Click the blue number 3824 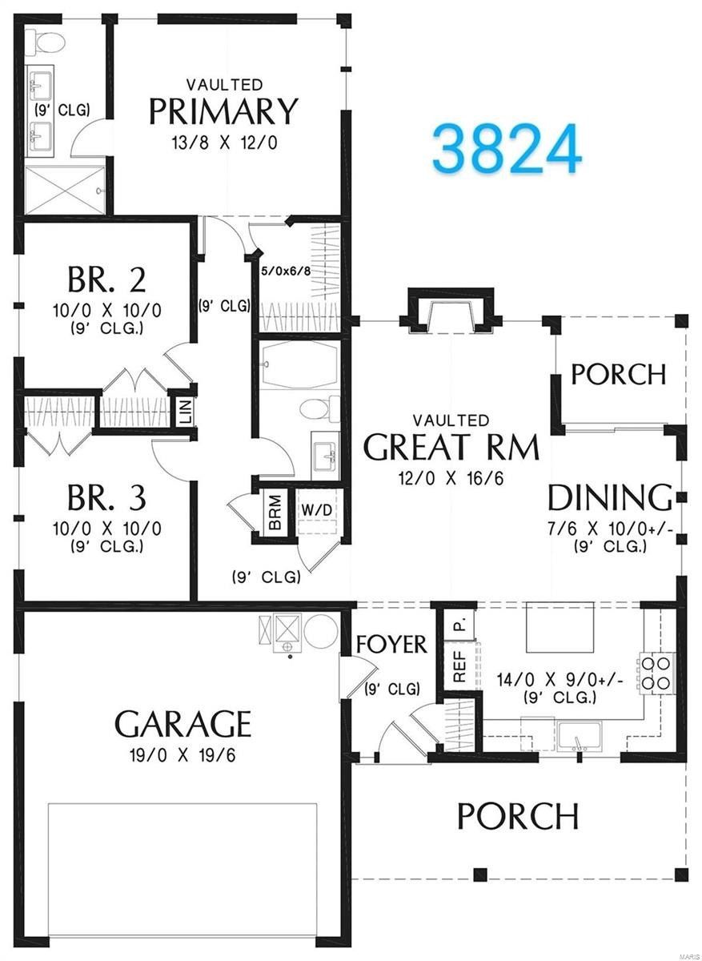coord(506,150)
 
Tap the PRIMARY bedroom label coord(224,111)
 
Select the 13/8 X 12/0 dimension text coord(224,143)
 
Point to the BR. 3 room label coord(106,498)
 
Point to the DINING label coord(609,498)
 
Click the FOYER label coord(391,644)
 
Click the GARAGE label coord(183,723)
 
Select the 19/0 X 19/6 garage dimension coord(183,754)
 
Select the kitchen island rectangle coord(560,627)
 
